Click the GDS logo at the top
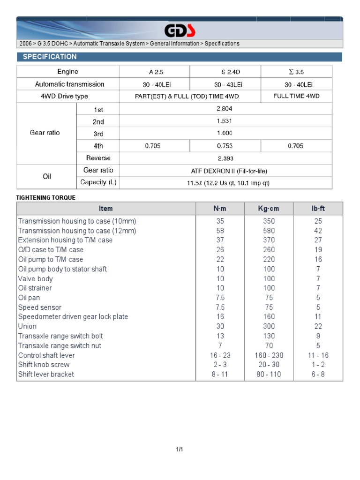point(180,31)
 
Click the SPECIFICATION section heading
point(47,57)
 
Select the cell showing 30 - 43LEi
point(225,84)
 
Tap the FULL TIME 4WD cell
point(296,96)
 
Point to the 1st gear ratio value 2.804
point(225,108)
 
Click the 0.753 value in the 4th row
point(225,146)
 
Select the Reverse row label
point(98,158)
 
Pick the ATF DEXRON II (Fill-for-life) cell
point(225,171)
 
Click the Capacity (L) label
point(98,182)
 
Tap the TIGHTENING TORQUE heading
point(45,197)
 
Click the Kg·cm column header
point(269,209)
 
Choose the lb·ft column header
point(318,209)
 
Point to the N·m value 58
point(220,231)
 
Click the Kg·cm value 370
point(269,240)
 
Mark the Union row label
point(27,326)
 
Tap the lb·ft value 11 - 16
point(318,355)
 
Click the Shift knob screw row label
point(44,365)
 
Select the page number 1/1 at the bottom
point(180,450)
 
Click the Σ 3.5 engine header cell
point(296,72)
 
